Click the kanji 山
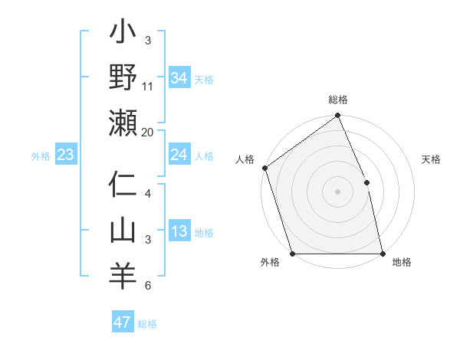(x=123, y=230)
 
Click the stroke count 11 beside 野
(x=148, y=87)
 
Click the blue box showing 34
(x=179, y=77)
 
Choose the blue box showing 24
(x=179, y=155)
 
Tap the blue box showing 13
(x=179, y=232)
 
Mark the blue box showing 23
(x=66, y=155)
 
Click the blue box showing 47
(x=122, y=322)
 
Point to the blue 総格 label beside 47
(x=147, y=324)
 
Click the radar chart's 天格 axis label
(x=432, y=160)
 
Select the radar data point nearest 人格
(x=264, y=168)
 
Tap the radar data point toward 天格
(x=366, y=182)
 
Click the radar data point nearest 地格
(x=383, y=254)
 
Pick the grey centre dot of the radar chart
(x=337, y=191)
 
